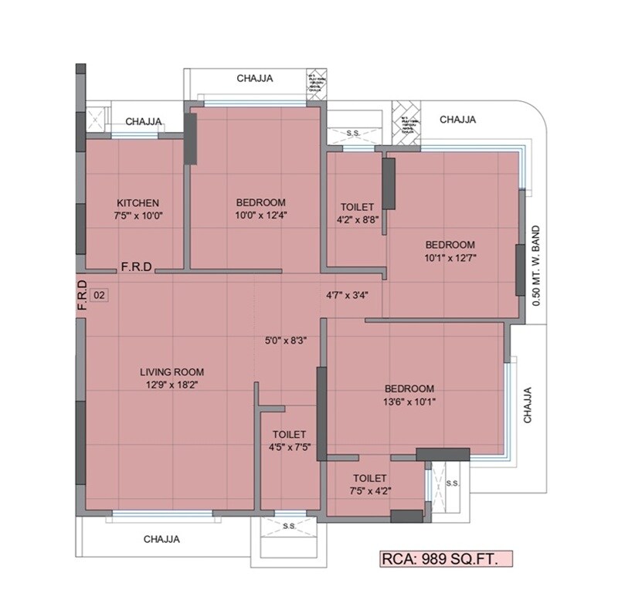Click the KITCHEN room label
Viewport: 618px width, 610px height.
click(x=138, y=203)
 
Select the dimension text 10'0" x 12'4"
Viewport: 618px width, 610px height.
click(x=261, y=216)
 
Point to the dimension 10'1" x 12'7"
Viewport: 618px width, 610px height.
click(x=450, y=257)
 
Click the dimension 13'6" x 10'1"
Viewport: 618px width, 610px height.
click(x=409, y=402)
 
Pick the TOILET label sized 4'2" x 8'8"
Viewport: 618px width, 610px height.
click(x=357, y=208)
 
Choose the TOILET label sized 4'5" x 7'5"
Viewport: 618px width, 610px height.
click(x=290, y=435)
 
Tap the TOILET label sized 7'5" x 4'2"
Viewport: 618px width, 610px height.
click(x=370, y=479)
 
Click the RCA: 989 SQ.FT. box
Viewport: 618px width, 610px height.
click(x=445, y=559)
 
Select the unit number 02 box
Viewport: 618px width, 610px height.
click(x=99, y=295)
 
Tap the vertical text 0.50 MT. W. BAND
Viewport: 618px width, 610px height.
click(x=538, y=262)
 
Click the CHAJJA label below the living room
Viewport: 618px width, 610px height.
click(x=161, y=540)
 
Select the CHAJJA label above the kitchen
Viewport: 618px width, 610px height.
click(x=144, y=121)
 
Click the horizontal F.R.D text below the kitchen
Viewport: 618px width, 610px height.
click(x=136, y=267)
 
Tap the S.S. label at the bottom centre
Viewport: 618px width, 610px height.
click(x=290, y=526)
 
